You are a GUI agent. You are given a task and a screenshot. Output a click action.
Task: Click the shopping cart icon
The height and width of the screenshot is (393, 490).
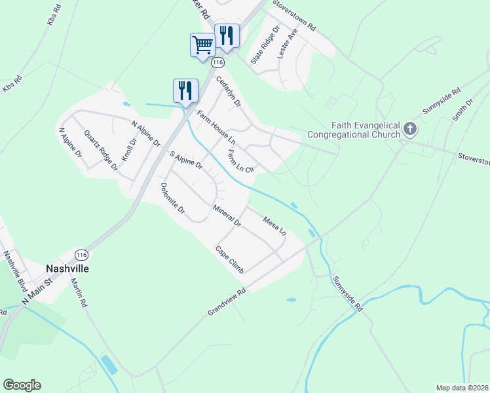[202, 45]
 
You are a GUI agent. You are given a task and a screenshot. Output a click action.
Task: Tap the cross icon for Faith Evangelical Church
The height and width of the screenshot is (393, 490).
[410, 128]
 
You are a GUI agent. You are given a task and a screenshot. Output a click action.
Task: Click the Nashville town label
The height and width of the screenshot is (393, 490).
[67, 269]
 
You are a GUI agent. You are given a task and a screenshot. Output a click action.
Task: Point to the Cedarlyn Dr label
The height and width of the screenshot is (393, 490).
[229, 91]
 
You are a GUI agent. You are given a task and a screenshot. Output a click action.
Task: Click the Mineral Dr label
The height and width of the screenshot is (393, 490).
[227, 216]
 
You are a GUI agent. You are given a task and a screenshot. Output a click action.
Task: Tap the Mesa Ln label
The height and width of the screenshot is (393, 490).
[274, 225]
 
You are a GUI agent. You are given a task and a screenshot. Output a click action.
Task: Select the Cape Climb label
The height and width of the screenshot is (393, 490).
[230, 259]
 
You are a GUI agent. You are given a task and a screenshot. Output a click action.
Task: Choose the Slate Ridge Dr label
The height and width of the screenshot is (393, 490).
[265, 45]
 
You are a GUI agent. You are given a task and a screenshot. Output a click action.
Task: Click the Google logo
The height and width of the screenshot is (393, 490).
[22, 385]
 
